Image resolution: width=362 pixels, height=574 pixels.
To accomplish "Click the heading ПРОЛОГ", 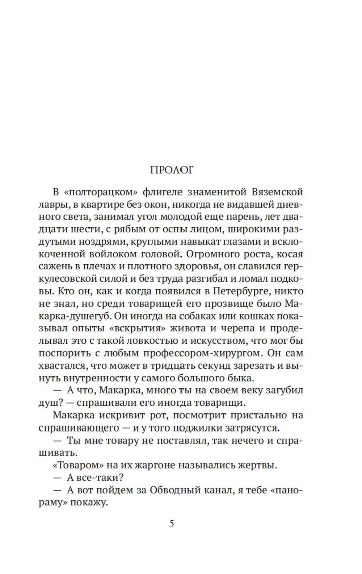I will click(172, 170).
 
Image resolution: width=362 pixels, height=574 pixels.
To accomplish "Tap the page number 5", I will click(172, 524).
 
